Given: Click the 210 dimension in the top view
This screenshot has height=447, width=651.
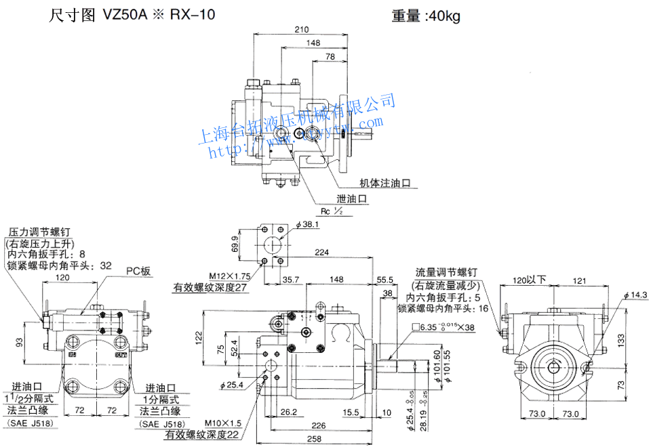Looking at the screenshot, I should tap(302, 29).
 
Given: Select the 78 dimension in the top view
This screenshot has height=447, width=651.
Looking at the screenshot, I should tap(330, 57).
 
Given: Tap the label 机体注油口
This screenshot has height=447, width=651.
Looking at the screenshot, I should tap(386, 183).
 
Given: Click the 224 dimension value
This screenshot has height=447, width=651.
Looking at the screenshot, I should tap(323, 253).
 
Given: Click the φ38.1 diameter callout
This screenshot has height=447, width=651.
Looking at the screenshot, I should tap(308, 224).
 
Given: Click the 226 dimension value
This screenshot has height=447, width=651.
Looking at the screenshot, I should tap(317, 426).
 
